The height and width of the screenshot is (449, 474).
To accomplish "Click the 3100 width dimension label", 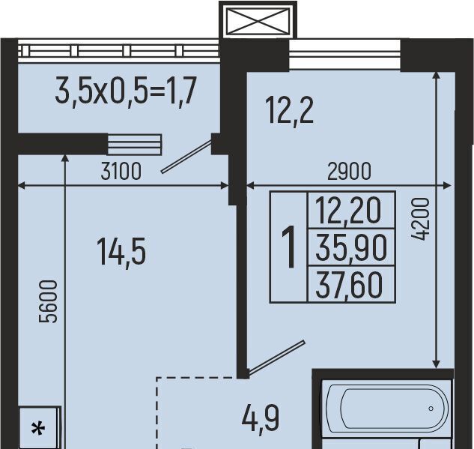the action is [x=121, y=171].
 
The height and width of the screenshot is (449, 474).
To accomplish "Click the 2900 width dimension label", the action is [x=349, y=171].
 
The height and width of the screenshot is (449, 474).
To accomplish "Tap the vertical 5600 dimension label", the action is [x=49, y=301].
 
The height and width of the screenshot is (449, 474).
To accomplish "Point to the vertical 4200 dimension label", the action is [x=420, y=219].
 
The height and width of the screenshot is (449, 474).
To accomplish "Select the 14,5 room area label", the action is [x=121, y=252].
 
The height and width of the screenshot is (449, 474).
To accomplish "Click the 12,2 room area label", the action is [x=289, y=110].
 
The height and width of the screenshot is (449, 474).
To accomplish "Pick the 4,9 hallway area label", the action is [x=261, y=419].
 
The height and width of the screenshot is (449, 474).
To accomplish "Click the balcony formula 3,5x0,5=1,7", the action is [x=126, y=90].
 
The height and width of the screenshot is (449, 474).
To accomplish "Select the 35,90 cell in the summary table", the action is [x=351, y=248].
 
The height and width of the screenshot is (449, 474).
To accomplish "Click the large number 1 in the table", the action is [x=289, y=247].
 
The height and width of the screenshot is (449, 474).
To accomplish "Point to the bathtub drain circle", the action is [x=431, y=409].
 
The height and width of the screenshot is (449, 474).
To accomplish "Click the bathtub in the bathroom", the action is [x=388, y=409].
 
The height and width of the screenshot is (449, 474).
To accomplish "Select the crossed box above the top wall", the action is [x=258, y=20].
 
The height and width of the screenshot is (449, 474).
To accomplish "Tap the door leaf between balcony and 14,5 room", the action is [x=186, y=157].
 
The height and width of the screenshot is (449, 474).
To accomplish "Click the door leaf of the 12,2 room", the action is [x=276, y=357].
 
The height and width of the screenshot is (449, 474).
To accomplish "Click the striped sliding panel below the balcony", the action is [x=135, y=145].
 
